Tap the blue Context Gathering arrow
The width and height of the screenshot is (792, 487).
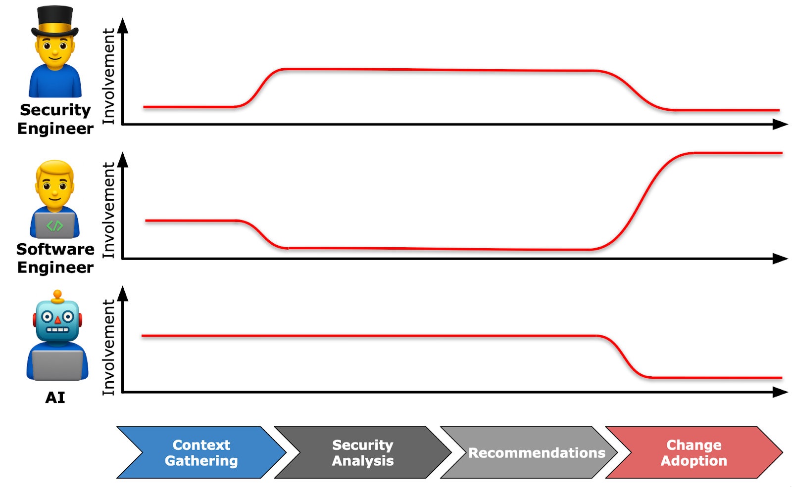tap(201, 452)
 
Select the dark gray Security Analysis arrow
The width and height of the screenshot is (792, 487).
tap(362, 452)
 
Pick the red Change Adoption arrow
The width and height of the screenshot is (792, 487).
tap(693, 452)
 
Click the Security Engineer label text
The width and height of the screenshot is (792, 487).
tap(55, 119)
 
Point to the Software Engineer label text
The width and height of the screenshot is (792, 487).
tap(55, 258)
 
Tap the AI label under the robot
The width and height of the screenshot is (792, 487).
tap(55, 398)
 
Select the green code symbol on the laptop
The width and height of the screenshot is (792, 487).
tap(54, 226)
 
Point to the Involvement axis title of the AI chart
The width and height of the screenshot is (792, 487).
tap(108, 347)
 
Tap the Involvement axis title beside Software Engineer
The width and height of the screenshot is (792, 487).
tap(108, 210)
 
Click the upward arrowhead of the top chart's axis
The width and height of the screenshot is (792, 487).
tap(123, 26)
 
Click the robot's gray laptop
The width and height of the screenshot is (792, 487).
tap(57, 365)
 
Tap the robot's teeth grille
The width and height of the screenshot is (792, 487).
tap(57, 329)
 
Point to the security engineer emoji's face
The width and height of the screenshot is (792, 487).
tap(54, 52)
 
